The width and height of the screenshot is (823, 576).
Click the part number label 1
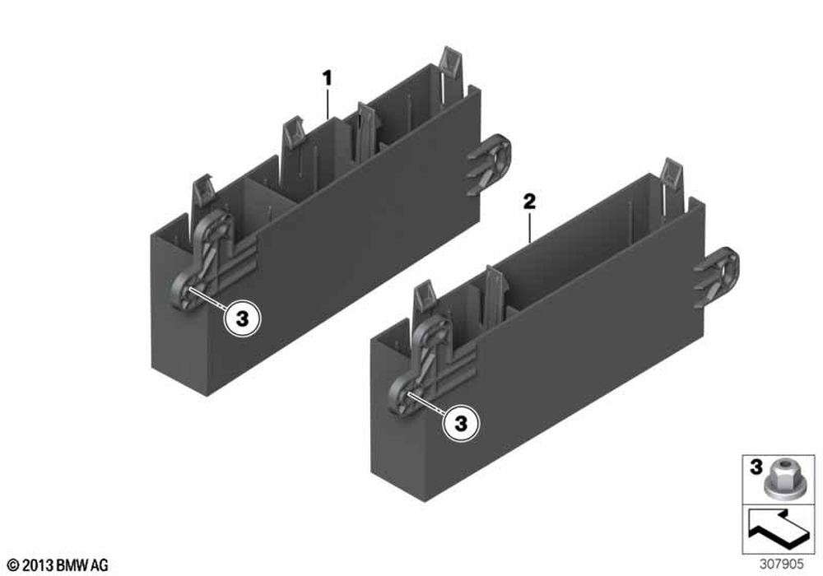coord(327,79)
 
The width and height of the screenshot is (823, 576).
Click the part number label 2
coord(529,202)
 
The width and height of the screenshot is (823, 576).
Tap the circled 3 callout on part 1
coord(242,318)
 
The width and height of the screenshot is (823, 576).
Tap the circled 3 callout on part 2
coord(461,423)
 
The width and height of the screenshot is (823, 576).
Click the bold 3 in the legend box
coord(755,467)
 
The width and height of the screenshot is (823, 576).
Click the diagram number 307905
coord(781,564)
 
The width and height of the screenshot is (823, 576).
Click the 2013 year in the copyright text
coord(39,565)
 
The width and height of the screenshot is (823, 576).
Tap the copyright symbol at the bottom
coord(14,565)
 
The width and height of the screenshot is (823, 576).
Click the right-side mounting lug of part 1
coord(489,164)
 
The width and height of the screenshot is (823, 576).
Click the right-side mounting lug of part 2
coord(717,277)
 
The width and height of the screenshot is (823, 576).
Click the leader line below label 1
coord(328,104)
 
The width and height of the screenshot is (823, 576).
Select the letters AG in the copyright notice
coord(100,565)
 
